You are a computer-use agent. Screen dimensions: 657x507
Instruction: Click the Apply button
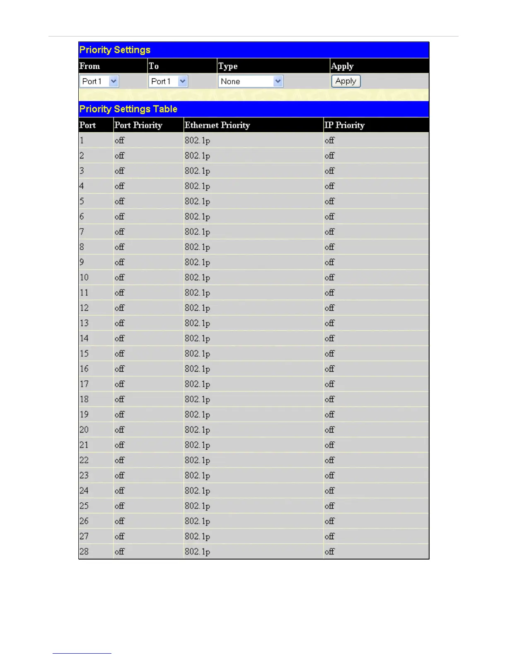coord(346,81)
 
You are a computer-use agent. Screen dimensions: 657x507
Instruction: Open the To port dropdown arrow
coord(183,81)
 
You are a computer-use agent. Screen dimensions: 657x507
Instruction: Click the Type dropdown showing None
coord(251,81)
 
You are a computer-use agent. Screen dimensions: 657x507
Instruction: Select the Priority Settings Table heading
coord(128,109)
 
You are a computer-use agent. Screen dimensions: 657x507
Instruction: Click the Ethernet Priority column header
coord(217,125)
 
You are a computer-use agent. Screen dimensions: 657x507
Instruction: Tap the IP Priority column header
coord(345,125)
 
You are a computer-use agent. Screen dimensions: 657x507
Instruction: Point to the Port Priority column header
coord(138,125)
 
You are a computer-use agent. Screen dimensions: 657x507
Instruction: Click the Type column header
coord(228,66)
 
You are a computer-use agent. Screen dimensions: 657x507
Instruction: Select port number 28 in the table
coord(84,552)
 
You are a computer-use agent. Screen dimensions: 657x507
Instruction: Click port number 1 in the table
coord(82,141)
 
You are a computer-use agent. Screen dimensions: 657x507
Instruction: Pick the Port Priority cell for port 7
coord(120,232)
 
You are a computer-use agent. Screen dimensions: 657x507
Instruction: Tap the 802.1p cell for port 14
coord(198,338)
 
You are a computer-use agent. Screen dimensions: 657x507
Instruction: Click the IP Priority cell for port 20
coord(330,430)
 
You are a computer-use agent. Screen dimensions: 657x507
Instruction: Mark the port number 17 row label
coord(84,384)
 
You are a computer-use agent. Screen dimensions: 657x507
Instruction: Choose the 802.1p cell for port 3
coord(198,171)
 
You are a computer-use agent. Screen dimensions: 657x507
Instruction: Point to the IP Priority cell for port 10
coord(330,277)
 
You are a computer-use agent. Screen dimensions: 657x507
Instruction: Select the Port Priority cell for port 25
coord(120,506)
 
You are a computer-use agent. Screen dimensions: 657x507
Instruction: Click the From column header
coord(90,66)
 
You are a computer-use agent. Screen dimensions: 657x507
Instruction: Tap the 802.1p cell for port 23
coord(198,475)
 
